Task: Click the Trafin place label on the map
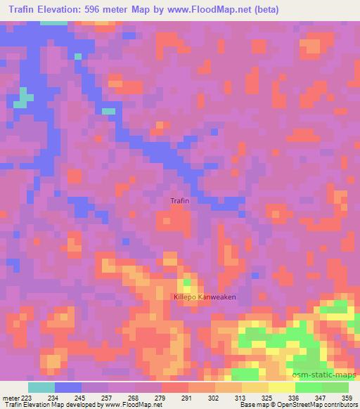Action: coord(180,201)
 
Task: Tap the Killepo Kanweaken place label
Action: coord(205,297)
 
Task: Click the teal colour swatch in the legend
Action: coord(41,387)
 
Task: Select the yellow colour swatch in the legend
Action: coord(282,387)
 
